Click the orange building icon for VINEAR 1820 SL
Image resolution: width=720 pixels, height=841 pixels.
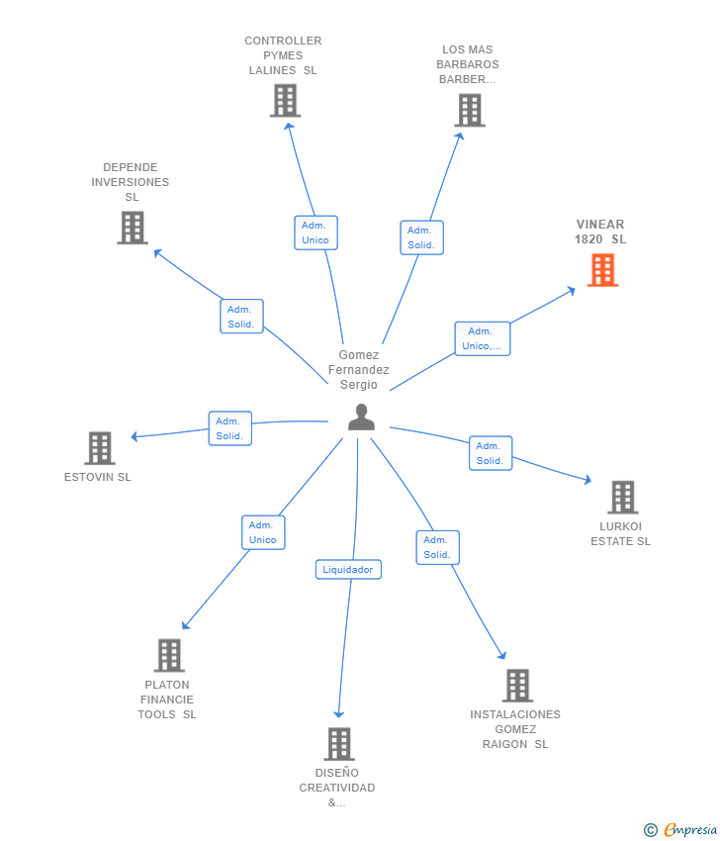[602, 270]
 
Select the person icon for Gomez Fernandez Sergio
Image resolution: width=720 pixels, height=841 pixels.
[361, 418]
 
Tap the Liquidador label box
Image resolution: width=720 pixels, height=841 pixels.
[348, 569]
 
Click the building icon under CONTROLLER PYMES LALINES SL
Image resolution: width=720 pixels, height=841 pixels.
[285, 101]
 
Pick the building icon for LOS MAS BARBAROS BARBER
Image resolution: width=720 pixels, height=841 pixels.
[470, 111]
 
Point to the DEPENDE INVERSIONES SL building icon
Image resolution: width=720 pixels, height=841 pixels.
[133, 228]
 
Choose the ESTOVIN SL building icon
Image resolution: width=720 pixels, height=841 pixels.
[100, 448]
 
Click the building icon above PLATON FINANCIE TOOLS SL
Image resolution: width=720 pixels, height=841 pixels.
[169, 655]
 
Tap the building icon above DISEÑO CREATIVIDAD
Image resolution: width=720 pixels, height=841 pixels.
[339, 744]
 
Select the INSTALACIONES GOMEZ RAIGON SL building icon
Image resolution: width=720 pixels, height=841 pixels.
[518, 686]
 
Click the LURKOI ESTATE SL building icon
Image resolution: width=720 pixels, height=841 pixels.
[623, 498]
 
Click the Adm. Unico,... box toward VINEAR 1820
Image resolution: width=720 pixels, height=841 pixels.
[483, 338]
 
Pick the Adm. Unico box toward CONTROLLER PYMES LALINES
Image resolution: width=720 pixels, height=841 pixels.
[315, 233]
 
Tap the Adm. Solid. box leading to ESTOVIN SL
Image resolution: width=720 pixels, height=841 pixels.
[230, 428]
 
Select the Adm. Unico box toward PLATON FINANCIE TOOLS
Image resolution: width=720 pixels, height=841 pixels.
[263, 532]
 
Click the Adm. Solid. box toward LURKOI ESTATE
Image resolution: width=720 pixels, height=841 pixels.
[491, 453]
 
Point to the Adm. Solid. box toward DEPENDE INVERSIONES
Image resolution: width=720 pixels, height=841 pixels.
[241, 317]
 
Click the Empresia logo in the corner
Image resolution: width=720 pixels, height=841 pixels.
[680, 829]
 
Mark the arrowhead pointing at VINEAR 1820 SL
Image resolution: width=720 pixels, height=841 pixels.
[572, 291]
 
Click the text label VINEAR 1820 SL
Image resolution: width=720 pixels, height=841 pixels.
[600, 232]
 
